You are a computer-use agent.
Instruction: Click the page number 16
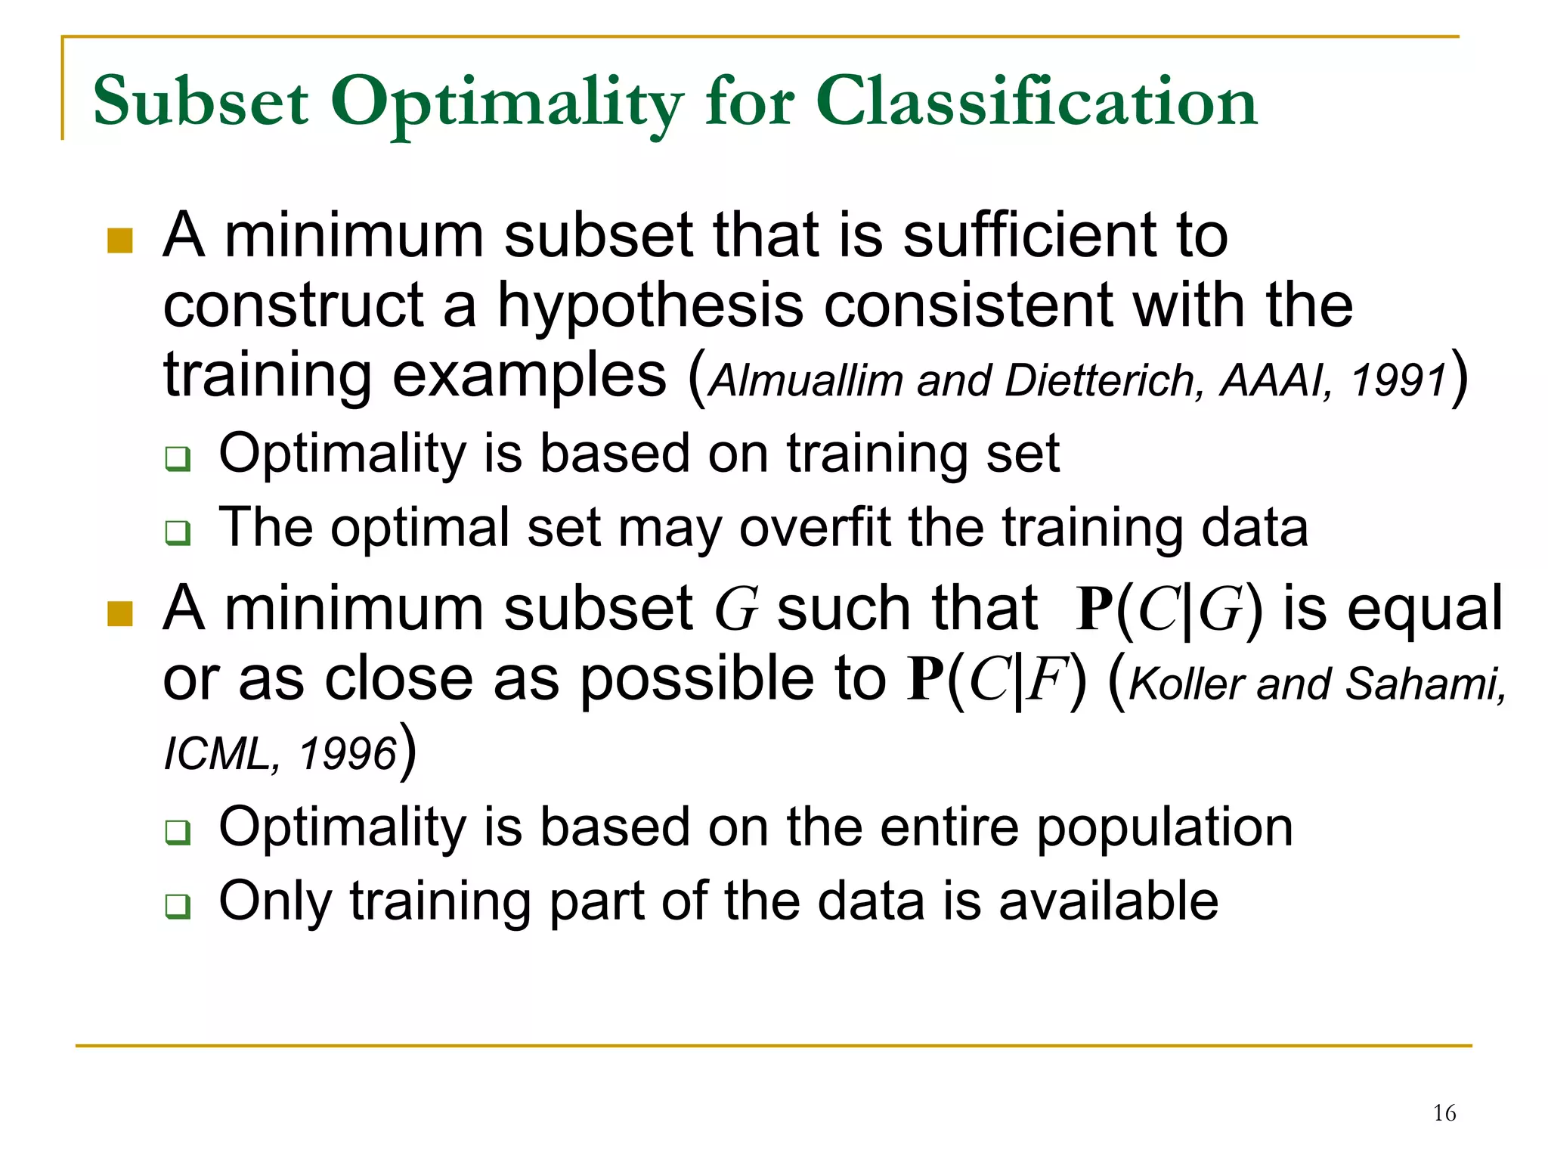click(x=1444, y=1113)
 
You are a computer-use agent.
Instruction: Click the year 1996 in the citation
click(x=348, y=753)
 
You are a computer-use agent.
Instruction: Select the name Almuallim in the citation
click(x=807, y=380)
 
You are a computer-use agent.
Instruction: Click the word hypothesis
click(x=650, y=306)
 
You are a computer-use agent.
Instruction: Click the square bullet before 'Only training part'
click(x=178, y=905)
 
